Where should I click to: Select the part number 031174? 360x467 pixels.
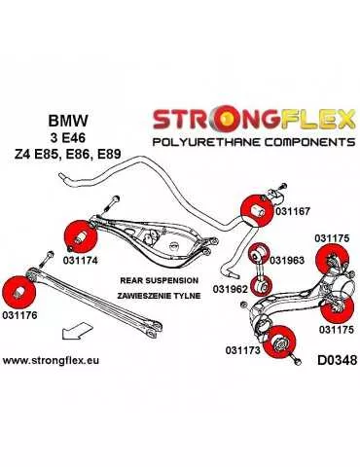81,260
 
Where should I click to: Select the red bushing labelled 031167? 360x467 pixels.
259,209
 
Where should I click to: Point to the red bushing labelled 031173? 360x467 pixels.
282,340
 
